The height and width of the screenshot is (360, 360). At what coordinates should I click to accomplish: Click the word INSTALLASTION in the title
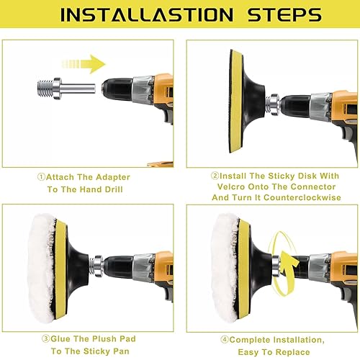(147, 15)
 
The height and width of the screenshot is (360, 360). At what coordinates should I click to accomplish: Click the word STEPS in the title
(284, 15)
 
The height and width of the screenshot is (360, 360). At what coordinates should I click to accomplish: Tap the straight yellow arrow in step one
(84, 64)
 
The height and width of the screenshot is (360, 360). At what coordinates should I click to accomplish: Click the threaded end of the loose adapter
(45, 89)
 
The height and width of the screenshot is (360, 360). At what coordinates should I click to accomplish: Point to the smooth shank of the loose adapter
(78, 89)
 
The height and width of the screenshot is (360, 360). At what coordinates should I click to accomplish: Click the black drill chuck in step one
(117, 89)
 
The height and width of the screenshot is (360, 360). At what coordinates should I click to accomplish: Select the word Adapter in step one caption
(113, 177)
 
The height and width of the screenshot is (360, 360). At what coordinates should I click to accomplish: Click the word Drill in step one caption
(114, 189)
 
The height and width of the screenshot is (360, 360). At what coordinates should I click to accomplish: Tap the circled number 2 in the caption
(215, 176)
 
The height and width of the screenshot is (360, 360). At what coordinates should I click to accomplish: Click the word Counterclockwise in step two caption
(302, 197)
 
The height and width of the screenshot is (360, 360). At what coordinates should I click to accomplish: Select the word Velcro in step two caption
(231, 186)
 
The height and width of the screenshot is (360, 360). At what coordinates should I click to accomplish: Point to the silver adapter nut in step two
(274, 104)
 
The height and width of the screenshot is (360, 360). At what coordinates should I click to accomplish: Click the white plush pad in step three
(42, 269)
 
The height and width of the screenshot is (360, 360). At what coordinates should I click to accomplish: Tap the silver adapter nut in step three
(97, 266)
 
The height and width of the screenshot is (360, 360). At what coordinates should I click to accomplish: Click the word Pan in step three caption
(121, 351)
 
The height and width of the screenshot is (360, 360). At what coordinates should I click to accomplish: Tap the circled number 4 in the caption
(225, 340)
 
